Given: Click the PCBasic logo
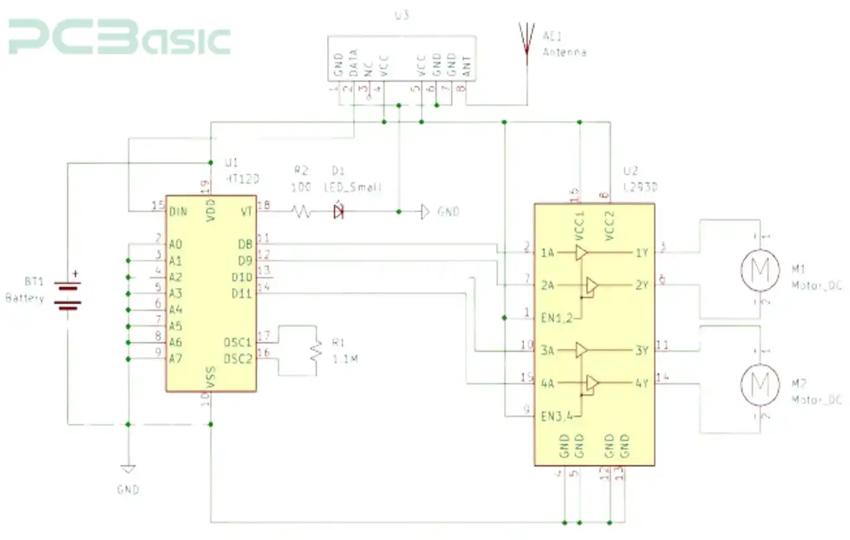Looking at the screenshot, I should click(x=119, y=38).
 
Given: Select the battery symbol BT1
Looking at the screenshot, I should click(x=67, y=295).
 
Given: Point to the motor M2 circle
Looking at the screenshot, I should click(x=759, y=383).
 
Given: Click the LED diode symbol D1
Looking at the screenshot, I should click(x=338, y=211).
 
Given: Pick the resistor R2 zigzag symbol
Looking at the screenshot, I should click(x=302, y=211).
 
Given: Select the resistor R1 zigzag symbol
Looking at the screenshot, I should click(x=316, y=350).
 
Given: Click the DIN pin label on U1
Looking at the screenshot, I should click(x=178, y=212).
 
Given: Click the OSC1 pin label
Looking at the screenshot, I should click(x=237, y=342).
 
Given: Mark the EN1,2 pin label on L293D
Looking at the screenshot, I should click(x=557, y=318).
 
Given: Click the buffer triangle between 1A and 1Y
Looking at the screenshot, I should click(x=581, y=252).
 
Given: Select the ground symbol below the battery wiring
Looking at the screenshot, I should click(x=128, y=469).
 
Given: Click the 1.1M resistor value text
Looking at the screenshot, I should click(x=345, y=358).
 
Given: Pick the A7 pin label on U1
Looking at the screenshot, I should click(x=175, y=359).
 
